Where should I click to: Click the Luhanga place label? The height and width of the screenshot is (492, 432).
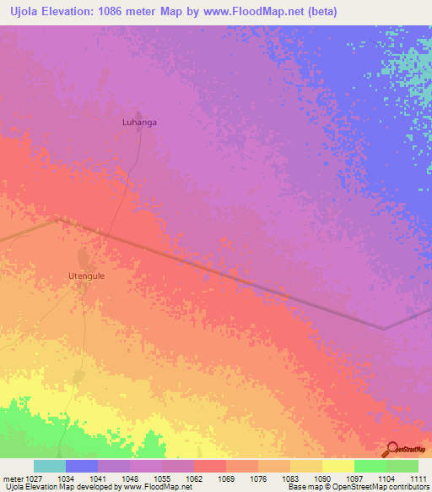coord(140,122)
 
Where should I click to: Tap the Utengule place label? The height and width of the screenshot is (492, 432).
coord(86,276)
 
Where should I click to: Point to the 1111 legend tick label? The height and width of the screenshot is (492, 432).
coord(418,478)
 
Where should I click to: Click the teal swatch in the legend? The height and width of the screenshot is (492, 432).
coord(50,466)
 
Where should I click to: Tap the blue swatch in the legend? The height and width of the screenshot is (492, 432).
coord(82,466)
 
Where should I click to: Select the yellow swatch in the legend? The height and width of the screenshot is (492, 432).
coord(338,466)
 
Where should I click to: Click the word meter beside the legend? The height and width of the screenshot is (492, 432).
coord(12,478)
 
